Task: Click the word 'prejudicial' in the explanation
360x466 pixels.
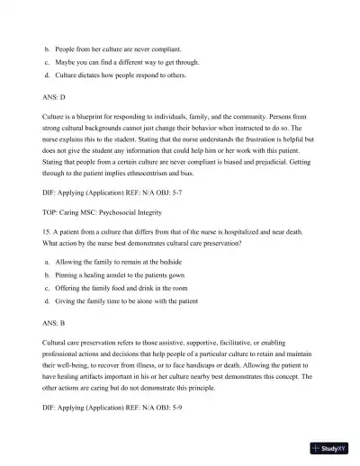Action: pos(265,160)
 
